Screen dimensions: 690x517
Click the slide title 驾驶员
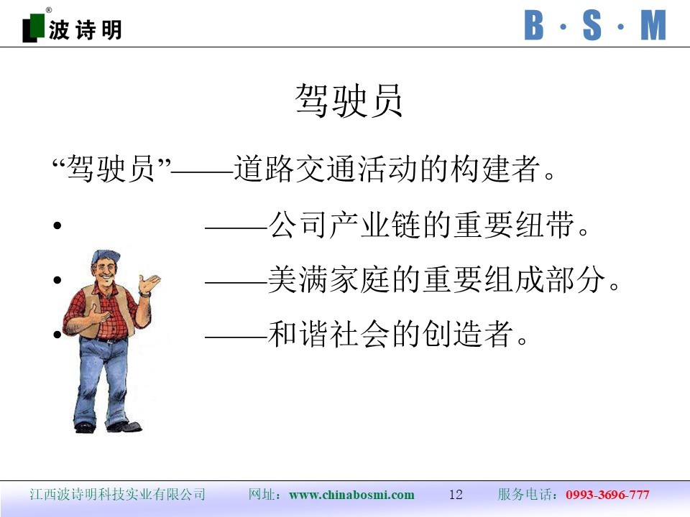[x=349, y=101]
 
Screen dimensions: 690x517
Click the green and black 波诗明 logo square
[x=34, y=28]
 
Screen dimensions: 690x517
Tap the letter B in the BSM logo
[x=534, y=26]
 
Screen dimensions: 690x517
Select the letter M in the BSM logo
[x=653, y=26]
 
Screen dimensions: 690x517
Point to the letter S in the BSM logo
[x=592, y=26]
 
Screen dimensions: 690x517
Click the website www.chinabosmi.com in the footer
[x=351, y=495]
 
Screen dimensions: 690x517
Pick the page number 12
[x=456, y=495]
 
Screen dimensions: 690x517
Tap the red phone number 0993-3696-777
[x=607, y=495]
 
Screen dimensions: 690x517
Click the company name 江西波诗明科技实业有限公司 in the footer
[x=117, y=495]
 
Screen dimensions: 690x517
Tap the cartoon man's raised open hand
[x=149, y=284]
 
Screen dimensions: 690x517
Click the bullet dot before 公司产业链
[x=57, y=226]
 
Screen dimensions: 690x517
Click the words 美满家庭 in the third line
[x=329, y=279]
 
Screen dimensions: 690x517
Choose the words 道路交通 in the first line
[x=295, y=168]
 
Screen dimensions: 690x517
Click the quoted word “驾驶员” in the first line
[x=111, y=168]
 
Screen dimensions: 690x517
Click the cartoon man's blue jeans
[x=101, y=378]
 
